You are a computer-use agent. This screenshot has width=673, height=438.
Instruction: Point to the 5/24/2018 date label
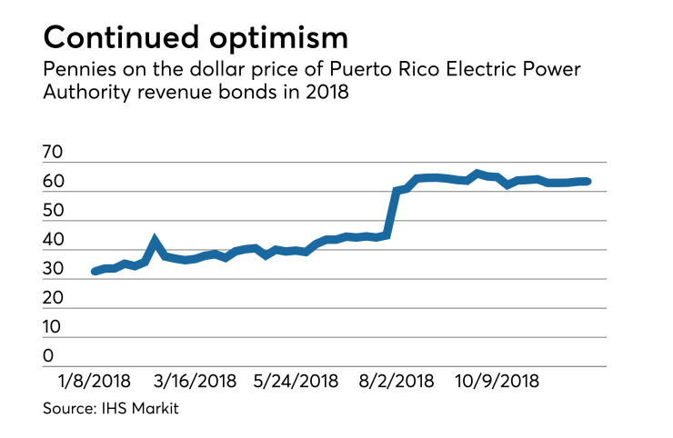296,381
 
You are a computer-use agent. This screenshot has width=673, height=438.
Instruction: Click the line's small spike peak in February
155,241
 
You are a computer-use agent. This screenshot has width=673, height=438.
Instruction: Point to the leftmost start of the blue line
95,271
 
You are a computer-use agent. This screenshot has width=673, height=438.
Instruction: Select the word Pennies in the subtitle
75,71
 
